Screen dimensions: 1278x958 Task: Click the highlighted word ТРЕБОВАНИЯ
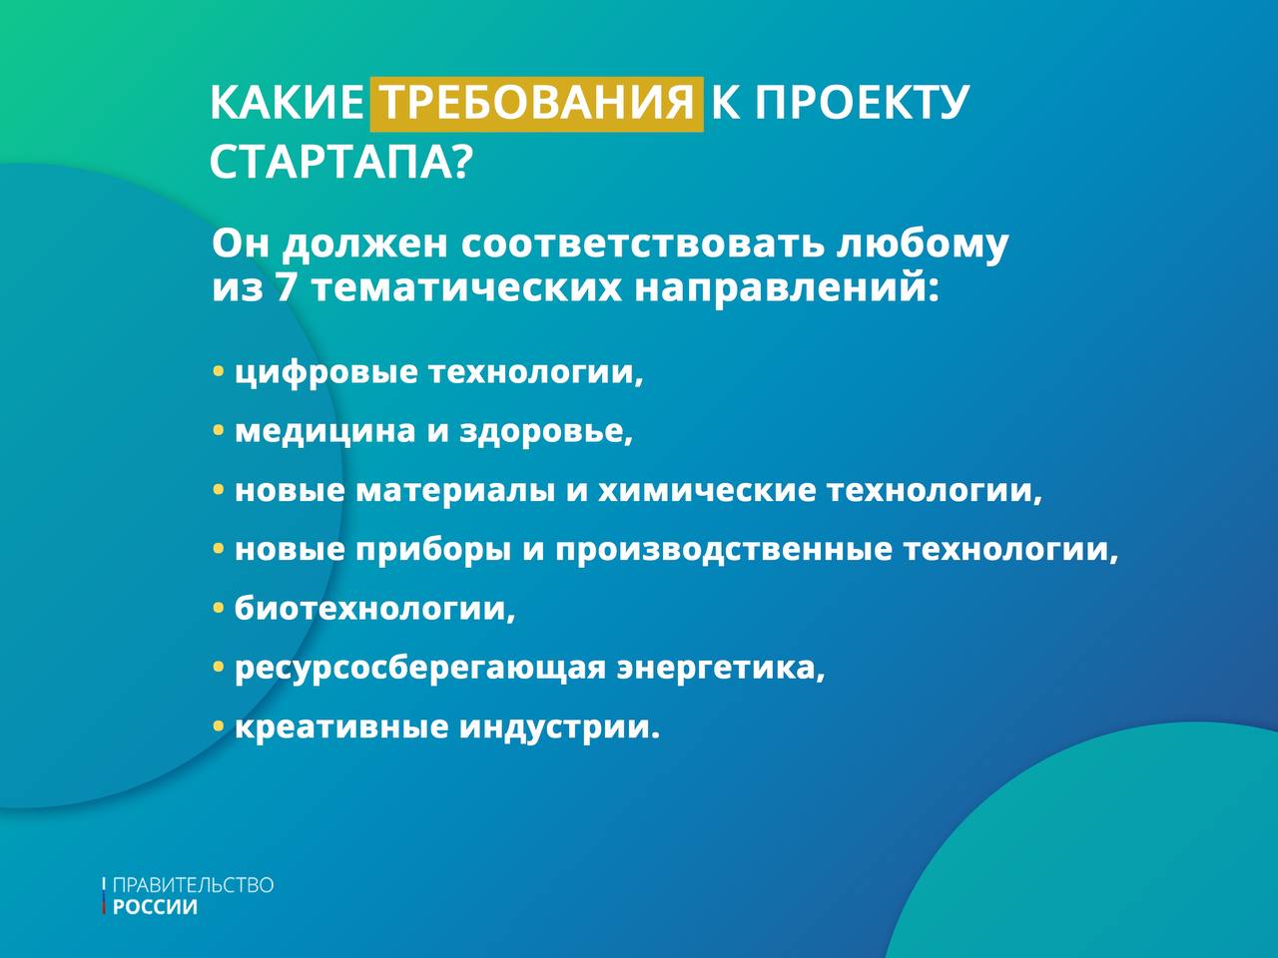point(537,104)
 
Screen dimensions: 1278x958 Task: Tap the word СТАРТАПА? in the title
point(339,163)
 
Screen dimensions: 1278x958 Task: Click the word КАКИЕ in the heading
point(287,104)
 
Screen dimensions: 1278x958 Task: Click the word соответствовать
point(643,243)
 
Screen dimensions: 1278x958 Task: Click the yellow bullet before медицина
point(219,430)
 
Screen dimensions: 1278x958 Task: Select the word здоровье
point(545,431)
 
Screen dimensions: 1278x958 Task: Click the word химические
point(708,490)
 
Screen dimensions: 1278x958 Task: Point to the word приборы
point(433,550)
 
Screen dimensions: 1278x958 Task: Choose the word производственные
point(723,550)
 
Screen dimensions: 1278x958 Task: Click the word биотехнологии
point(375,609)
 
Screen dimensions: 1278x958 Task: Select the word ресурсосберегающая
point(420,669)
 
